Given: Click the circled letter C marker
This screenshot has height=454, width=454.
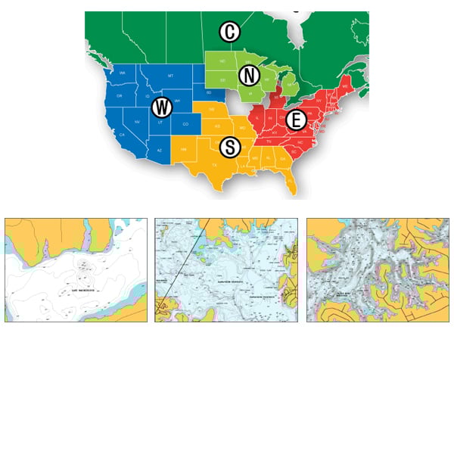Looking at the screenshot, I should tap(229, 32).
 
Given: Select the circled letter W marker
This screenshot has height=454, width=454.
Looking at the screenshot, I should tap(161, 107).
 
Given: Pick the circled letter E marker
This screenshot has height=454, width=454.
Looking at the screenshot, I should tap(296, 119).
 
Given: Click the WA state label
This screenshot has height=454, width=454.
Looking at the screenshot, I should tap(123, 73).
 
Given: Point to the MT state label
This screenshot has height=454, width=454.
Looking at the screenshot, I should tap(170, 77).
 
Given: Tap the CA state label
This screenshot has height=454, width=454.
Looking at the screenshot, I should tap(122, 135).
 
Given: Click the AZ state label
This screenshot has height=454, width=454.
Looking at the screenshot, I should tap(159, 150).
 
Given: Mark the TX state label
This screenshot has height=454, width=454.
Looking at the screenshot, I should tap(214, 164).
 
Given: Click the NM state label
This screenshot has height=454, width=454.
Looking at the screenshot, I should tap(184, 151).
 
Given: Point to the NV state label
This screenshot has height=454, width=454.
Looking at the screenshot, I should tap(137, 121).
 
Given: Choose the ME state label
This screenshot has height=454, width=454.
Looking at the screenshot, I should tap(346, 88).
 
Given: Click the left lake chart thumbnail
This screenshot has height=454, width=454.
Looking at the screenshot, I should tap(76, 270).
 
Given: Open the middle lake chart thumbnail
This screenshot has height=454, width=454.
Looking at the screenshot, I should tap(226, 270).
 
